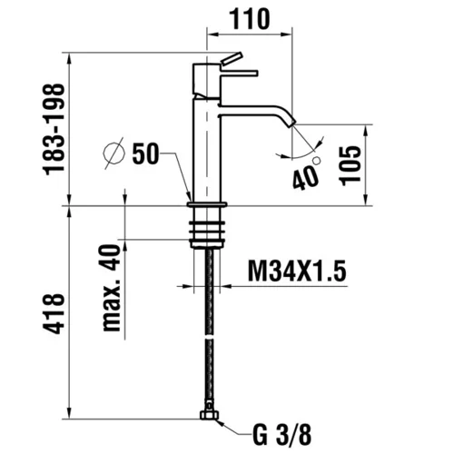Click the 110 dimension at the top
[250, 19]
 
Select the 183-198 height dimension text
[54, 130]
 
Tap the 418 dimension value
[54, 313]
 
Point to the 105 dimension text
[350, 165]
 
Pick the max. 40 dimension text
[111, 288]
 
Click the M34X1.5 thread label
[297, 271]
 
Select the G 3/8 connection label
[281, 435]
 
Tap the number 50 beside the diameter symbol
[145, 153]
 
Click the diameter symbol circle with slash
[113, 153]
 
